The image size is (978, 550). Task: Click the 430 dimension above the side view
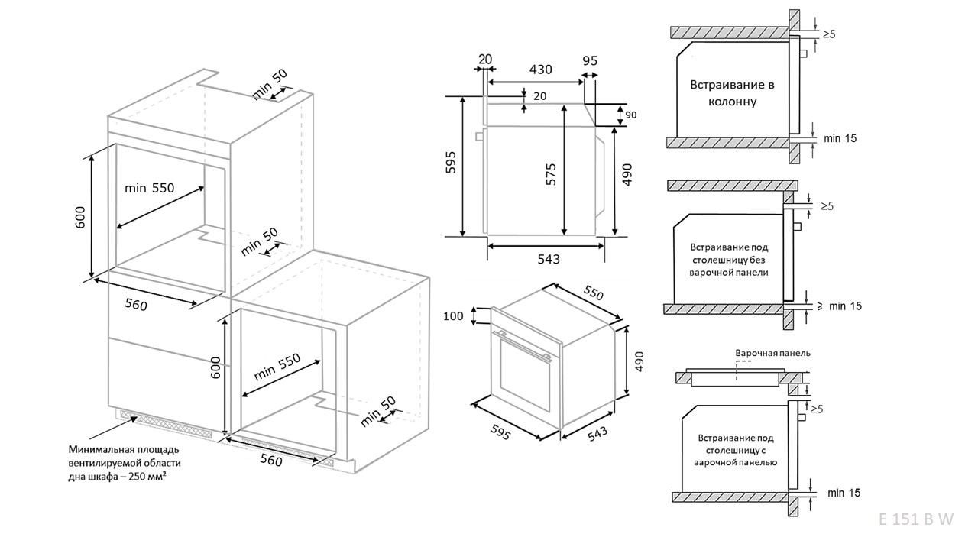(x=541, y=70)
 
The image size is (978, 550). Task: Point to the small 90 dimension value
(x=631, y=115)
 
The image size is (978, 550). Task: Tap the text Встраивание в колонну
(x=733, y=92)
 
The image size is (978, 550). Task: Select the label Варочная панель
(x=772, y=354)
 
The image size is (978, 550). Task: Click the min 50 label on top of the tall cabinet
(x=270, y=83)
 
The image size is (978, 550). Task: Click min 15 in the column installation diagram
(x=840, y=138)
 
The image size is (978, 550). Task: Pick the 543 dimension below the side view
(x=548, y=260)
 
